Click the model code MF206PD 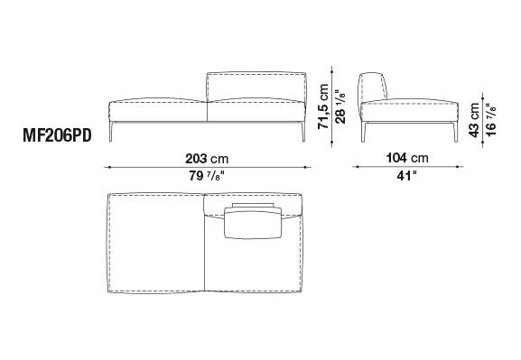[x=57, y=136]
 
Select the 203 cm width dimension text [x=207, y=159]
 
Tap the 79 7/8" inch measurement [x=207, y=176]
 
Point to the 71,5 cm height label [x=323, y=106]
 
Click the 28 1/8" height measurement [x=340, y=106]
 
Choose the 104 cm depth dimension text [x=407, y=158]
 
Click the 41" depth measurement [x=406, y=175]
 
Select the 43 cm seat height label [x=474, y=120]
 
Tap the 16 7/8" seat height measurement [x=491, y=120]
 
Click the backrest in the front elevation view [x=256, y=86]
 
